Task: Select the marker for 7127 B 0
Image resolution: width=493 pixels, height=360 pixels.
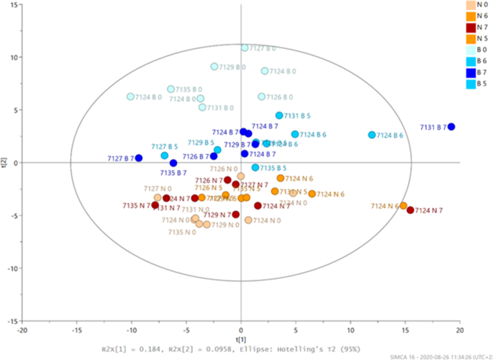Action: point(245,48)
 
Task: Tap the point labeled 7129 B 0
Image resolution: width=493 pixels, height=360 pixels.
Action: point(214,66)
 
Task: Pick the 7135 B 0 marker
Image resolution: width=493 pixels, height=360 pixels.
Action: point(171,89)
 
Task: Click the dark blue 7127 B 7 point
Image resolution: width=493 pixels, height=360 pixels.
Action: point(139,158)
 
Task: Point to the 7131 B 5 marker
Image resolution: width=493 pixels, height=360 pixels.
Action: point(279,115)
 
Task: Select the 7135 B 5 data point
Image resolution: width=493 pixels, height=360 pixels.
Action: point(255,167)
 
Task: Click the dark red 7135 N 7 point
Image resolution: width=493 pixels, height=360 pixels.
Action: point(155,205)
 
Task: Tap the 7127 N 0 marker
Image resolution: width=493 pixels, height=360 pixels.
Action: point(158,197)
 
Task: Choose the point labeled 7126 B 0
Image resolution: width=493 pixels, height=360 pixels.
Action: point(262,96)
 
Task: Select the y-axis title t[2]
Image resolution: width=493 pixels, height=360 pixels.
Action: point(5,163)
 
